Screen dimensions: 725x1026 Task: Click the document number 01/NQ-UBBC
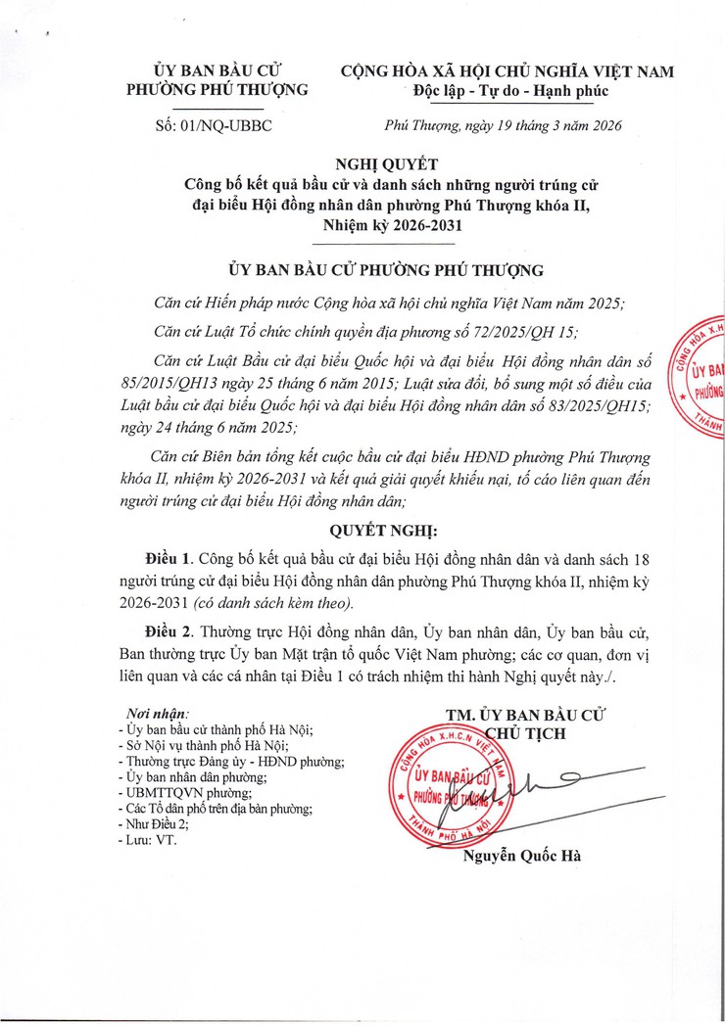pyautogui.click(x=213, y=126)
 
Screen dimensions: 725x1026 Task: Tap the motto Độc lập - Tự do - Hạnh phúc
pyautogui.click(x=510, y=91)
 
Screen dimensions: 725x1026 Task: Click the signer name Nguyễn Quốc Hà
pyautogui.click(x=521, y=857)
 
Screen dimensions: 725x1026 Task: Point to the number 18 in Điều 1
pyautogui.click(x=643, y=559)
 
